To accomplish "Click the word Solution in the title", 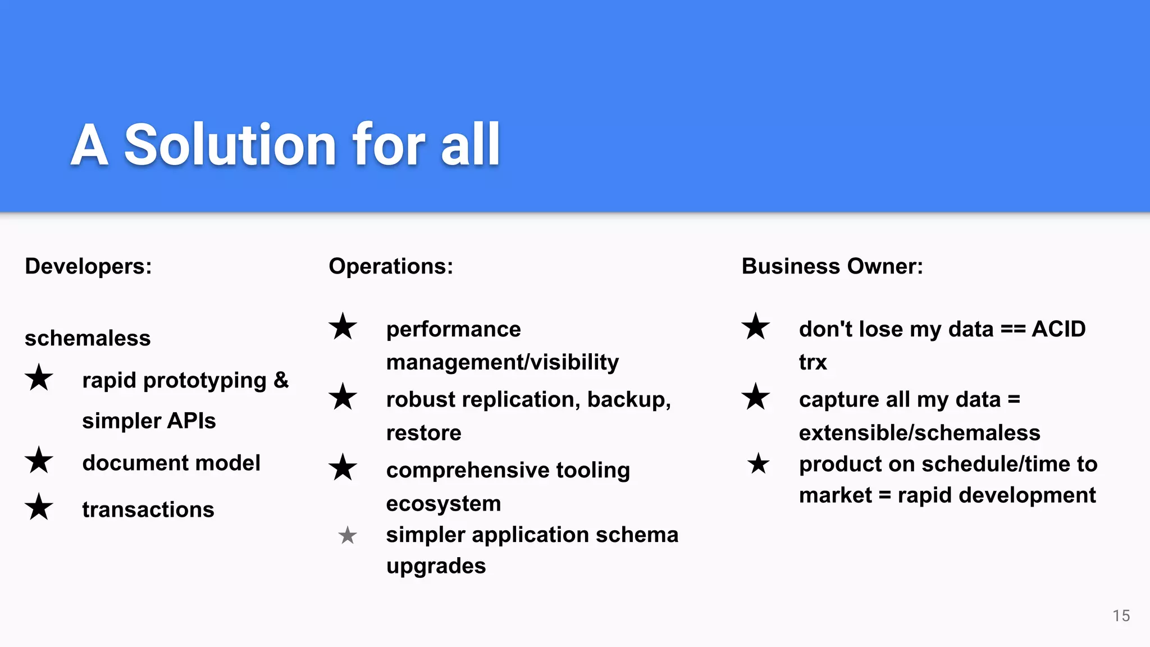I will pyautogui.click(x=230, y=145).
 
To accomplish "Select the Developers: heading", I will pyautogui.click(x=88, y=266).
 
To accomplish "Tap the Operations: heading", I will pyautogui.click(x=391, y=266).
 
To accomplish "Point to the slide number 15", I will pyautogui.click(x=1121, y=616).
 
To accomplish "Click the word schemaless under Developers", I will pyautogui.click(x=88, y=338).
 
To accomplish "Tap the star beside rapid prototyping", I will pyautogui.click(x=39, y=377).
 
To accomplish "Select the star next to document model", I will pyautogui.click(x=39, y=461).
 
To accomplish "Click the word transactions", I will pyautogui.click(x=148, y=509).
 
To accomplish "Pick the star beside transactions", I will pyautogui.click(x=39, y=507).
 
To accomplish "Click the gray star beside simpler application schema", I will pyautogui.click(x=348, y=535).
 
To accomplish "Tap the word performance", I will pyautogui.click(x=454, y=329).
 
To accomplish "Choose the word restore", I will pyautogui.click(x=424, y=433).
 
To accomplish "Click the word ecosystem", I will pyautogui.click(x=444, y=504).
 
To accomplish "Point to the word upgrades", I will pyautogui.click(x=436, y=566).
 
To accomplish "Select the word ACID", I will pyautogui.click(x=1058, y=329).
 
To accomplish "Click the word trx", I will pyautogui.click(x=813, y=362).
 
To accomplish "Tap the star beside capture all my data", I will pyautogui.click(x=756, y=397).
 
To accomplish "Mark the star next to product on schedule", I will pyautogui.click(x=759, y=464).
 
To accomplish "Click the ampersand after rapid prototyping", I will pyautogui.click(x=281, y=380).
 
